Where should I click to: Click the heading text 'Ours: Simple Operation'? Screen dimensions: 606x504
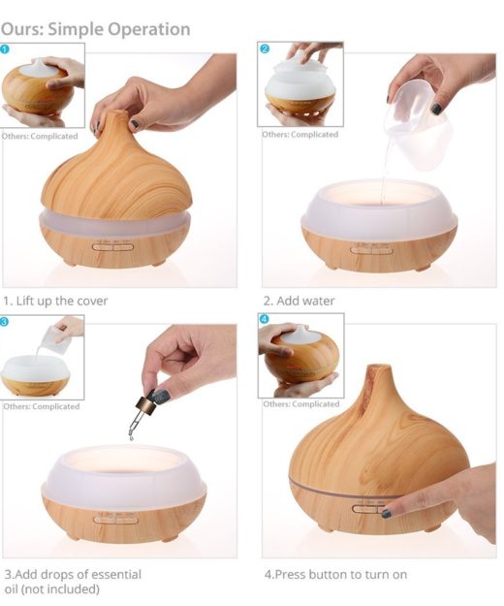(95, 29)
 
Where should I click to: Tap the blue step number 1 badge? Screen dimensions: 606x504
(6, 48)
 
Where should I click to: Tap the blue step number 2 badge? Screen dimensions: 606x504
(265, 48)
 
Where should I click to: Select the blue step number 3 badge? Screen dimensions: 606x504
(6, 320)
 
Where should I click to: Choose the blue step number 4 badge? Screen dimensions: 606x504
(265, 319)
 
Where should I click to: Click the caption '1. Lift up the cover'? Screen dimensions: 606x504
(55, 301)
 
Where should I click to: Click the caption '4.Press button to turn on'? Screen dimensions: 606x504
(335, 574)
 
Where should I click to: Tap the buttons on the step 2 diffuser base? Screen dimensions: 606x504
(371, 248)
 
